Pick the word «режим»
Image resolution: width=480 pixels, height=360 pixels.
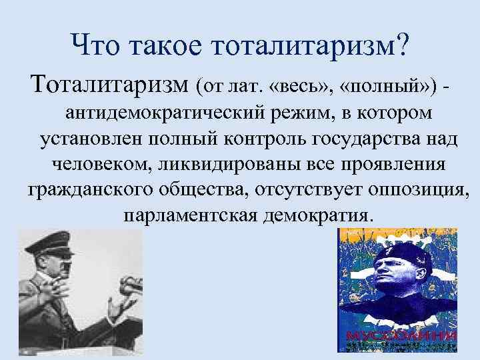[x=291, y=114]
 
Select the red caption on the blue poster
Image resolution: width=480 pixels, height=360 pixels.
[x=397, y=334]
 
